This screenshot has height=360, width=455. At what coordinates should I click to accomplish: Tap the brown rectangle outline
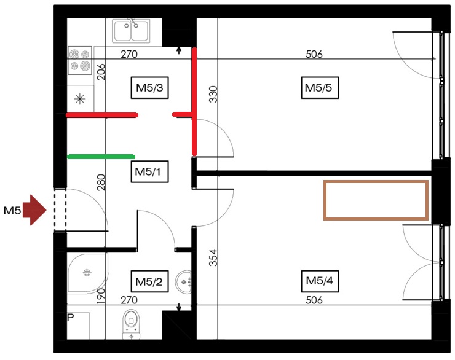(376, 182)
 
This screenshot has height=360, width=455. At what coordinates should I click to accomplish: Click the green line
(100, 157)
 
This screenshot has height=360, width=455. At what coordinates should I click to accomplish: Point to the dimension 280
(102, 182)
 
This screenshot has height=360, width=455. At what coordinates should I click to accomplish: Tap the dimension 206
(102, 72)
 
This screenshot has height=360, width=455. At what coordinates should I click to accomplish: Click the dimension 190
(102, 296)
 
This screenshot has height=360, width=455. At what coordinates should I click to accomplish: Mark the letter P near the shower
(70, 318)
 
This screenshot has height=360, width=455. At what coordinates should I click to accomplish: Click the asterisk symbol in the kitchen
(79, 98)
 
